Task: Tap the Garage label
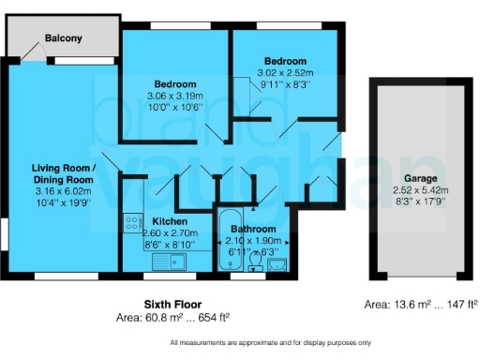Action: click(x=420, y=177)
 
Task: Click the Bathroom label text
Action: click(x=253, y=229)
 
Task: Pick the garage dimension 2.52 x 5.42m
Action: click(x=420, y=189)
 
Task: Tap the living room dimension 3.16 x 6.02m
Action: click(x=60, y=190)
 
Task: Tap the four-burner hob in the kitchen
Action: click(x=132, y=225)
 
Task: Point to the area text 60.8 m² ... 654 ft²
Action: click(x=173, y=318)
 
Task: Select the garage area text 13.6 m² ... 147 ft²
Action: click(x=421, y=304)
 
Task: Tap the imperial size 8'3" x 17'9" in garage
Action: click(x=420, y=202)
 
